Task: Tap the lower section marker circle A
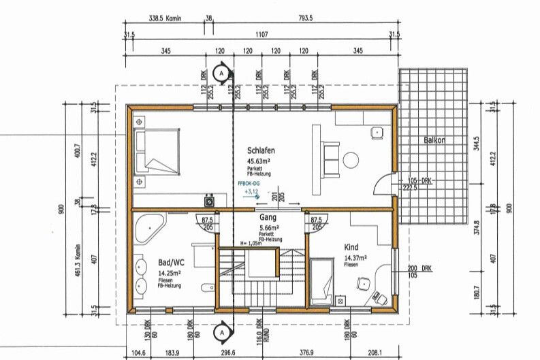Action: (x=221, y=332)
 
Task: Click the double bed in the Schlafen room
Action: (x=158, y=151)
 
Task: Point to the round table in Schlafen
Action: (x=351, y=160)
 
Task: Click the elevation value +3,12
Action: (x=251, y=193)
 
